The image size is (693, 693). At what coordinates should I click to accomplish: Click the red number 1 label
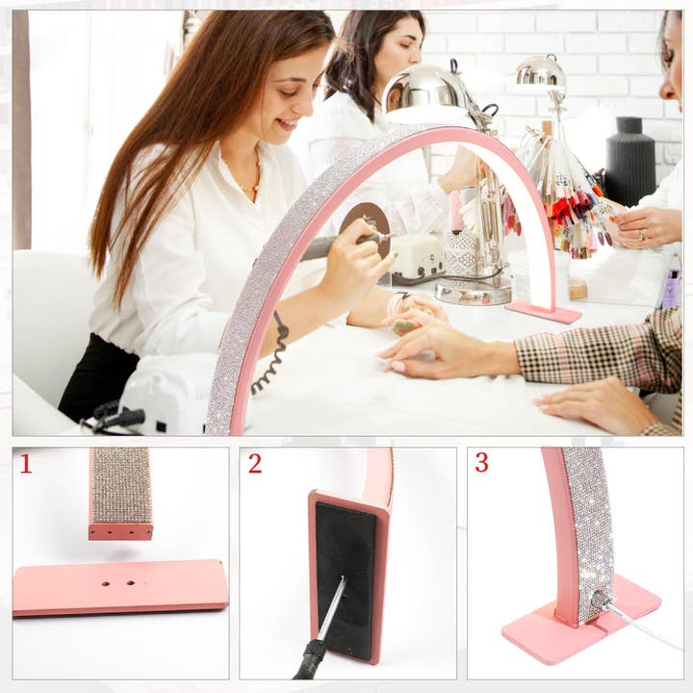pos(25,464)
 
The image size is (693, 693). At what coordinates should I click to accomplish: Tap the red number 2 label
pos(254,463)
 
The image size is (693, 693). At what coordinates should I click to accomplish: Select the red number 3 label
pos(481,462)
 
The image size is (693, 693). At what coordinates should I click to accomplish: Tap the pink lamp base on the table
pos(544,311)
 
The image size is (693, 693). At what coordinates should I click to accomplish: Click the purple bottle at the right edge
pos(671,289)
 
